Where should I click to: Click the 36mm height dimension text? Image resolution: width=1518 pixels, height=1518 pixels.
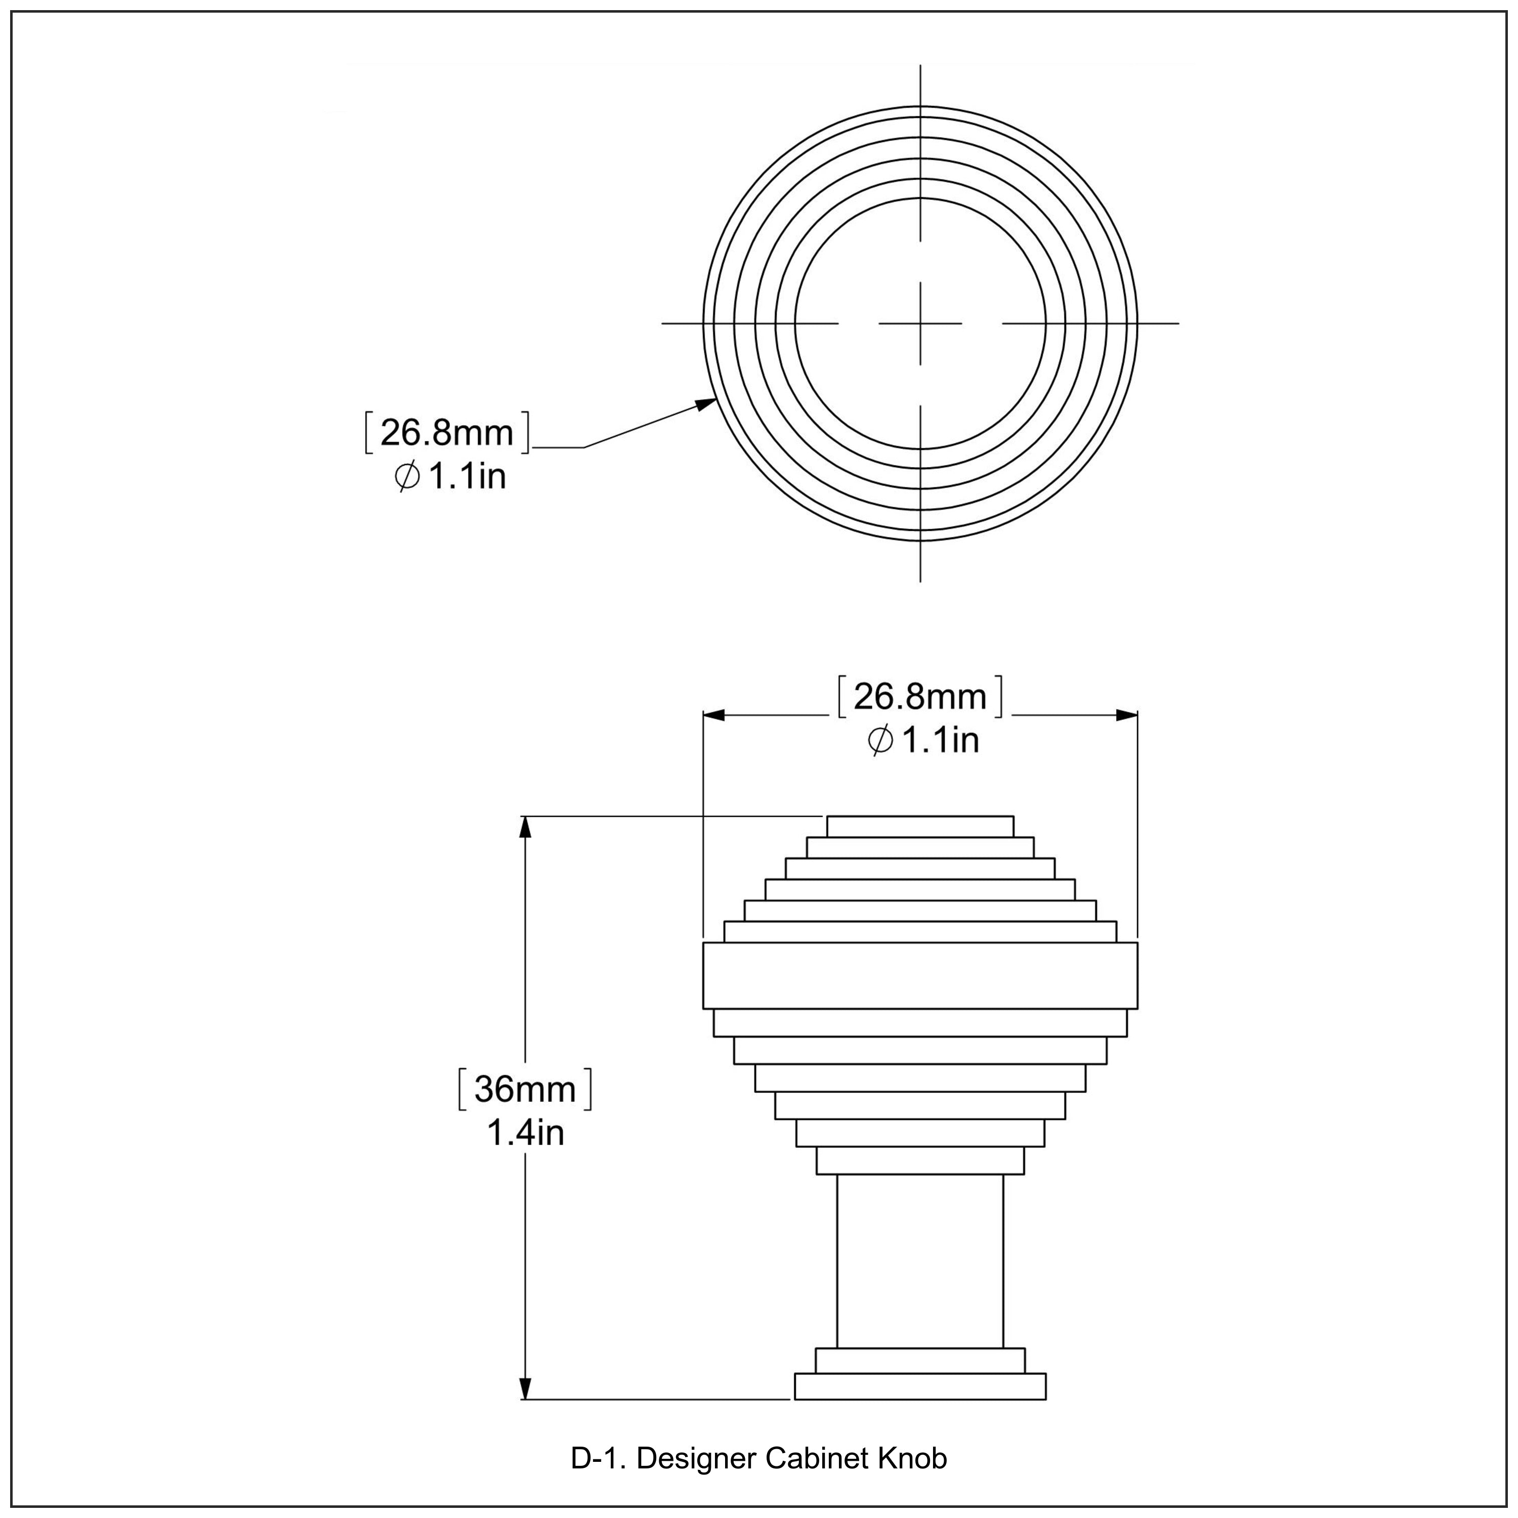pos(525,1089)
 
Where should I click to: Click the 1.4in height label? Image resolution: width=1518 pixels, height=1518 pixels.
pos(525,1133)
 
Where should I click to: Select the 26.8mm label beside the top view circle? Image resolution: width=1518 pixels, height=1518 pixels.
pos(446,433)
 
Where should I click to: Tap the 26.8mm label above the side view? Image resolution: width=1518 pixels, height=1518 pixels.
pos(919,697)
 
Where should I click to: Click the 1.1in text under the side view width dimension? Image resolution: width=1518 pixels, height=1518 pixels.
pos(940,740)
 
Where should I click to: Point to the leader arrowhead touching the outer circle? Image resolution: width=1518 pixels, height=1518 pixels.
pos(708,403)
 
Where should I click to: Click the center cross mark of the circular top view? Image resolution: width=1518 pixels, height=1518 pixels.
pos(920,323)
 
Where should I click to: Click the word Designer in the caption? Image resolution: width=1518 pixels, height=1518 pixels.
pos(696,1458)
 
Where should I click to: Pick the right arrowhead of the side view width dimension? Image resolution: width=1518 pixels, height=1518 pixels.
pos(1128,715)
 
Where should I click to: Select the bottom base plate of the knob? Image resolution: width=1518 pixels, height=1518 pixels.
pos(919,1387)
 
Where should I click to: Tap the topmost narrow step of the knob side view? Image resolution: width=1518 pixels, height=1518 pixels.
pos(919,827)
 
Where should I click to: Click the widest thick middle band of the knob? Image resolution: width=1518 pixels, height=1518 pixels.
pos(919,975)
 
